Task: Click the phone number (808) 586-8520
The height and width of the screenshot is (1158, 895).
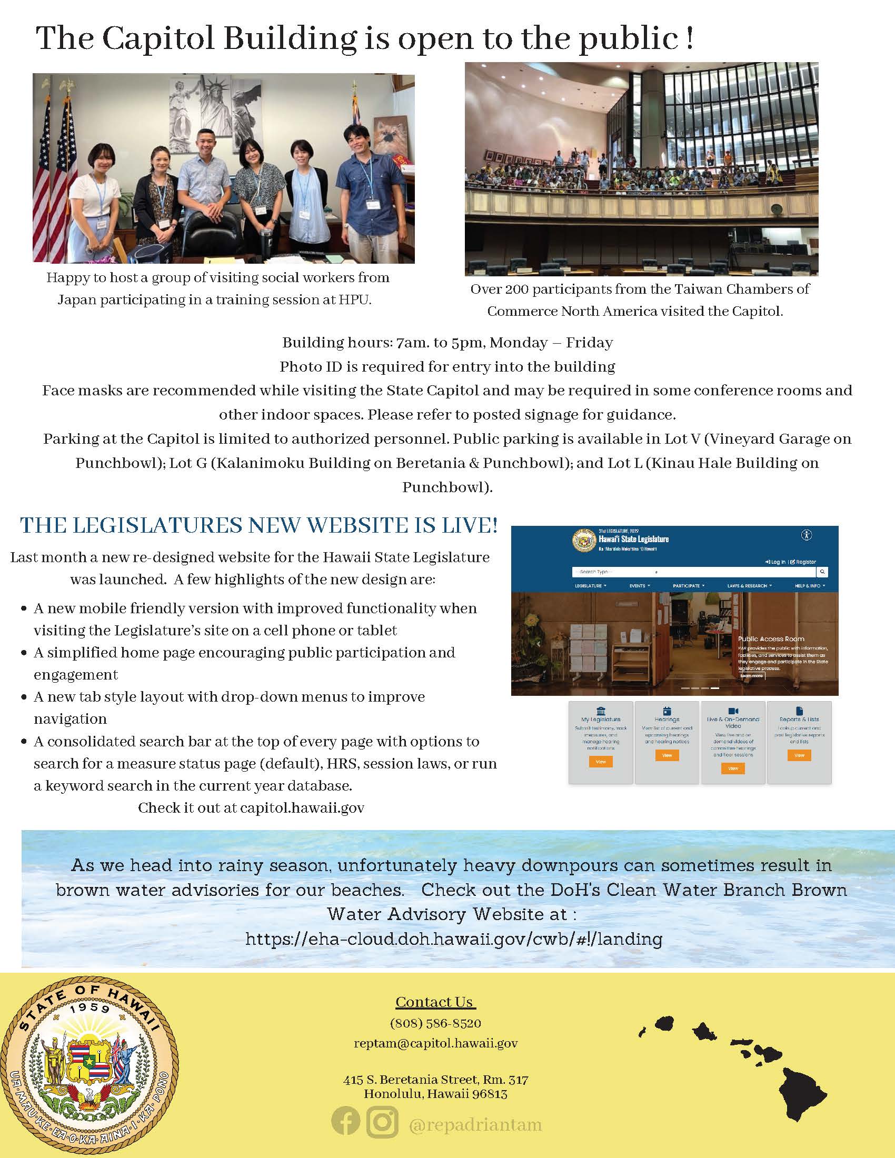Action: pyautogui.click(x=435, y=1023)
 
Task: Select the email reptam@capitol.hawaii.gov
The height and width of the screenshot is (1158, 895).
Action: pyautogui.click(x=435, y=1043)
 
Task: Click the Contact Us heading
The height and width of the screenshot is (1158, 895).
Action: pyautogui.click(x=435, y=1002)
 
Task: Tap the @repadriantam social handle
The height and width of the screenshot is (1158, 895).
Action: pyautogui.click(x=475, y=1124)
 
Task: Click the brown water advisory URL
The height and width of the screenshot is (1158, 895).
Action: pyautogui.click(x=453, y=940)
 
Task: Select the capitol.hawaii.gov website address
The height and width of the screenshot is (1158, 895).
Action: pyautogui.click(x=302, y=807)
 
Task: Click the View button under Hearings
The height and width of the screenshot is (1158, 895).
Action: pyautogui.click(x=667, y=755)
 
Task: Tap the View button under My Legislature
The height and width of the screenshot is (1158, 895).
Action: pyautogui.click(x=601, y=762)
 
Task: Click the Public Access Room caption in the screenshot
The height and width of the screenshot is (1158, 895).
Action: pyautogui.click(x=771, y=639)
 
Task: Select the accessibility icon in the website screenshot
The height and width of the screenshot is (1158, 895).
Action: pyautogui.click(x=807, y=535)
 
